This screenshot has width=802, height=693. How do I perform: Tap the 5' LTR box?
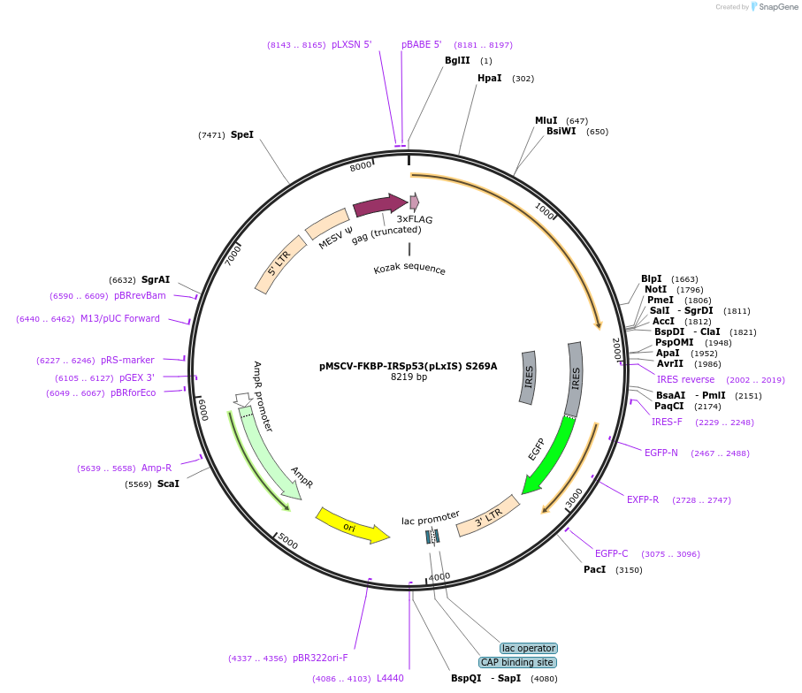pos(278,263)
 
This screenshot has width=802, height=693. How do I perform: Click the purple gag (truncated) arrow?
pos(380,206)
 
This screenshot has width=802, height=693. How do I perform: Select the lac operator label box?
pos(529,648)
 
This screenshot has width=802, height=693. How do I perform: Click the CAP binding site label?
pos(517,662)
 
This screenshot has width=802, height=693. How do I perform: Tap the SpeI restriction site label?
pos(241,135)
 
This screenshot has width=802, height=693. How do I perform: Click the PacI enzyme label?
pos(594,570)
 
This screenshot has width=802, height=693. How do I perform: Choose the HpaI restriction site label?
pos(489,78)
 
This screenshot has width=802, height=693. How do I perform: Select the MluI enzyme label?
pos(546,120)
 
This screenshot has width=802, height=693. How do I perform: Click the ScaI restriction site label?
pos(168,484)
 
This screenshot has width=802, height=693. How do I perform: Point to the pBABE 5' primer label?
pos(421,44)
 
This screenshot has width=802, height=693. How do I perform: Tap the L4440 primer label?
pos(390,678)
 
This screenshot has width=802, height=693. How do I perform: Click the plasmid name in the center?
pos(408,366)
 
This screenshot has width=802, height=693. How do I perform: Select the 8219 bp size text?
pos(409,377)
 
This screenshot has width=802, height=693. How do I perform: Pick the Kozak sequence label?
pos(409,270)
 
